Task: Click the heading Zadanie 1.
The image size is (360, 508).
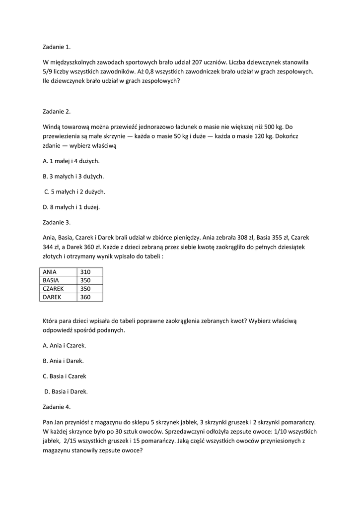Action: coord(57,47)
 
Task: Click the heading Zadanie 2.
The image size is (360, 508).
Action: coord(57,111)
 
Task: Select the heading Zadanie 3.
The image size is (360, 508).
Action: coord(57,222)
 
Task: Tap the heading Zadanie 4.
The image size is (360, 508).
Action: coord(57,407)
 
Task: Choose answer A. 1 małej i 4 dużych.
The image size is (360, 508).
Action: coord(71,161)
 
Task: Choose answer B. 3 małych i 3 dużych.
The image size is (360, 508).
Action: coord(73,176)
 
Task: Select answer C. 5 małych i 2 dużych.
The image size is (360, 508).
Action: coord(74,191)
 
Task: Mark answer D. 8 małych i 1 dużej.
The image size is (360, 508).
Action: coord(71,207)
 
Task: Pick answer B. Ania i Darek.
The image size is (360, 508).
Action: coord(63,361)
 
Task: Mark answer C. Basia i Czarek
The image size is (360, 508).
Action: coord(65,376)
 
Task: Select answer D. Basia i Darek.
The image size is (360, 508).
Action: coord(66,391)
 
